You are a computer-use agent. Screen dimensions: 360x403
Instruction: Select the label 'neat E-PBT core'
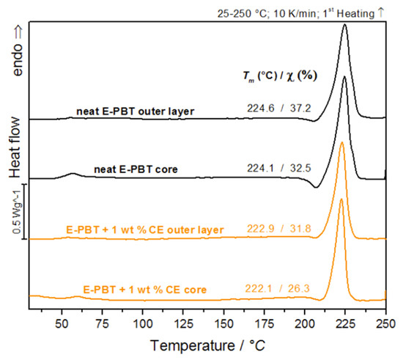137,169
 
